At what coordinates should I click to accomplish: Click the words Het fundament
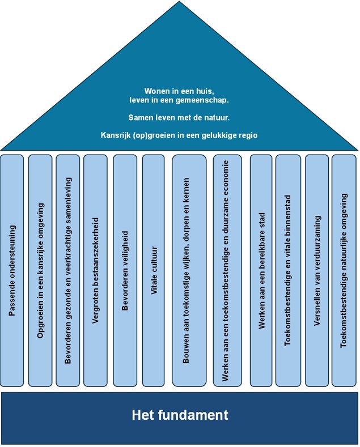pos(180,415)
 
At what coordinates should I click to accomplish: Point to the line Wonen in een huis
pos(179,91)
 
